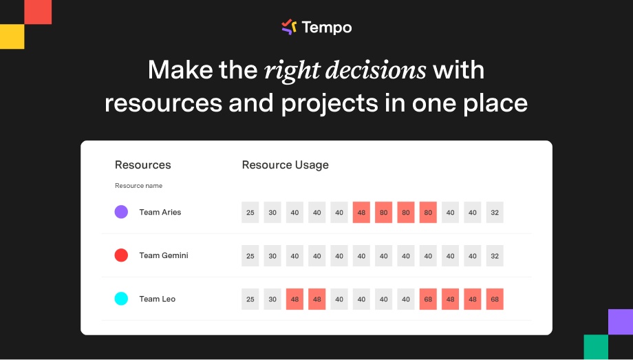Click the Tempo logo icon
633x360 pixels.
pyautogui.click(x=289, y=27)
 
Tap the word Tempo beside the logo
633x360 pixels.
pyautogui.click(x=327, y=28)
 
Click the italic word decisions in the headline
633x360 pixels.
pyautogui.click(x=376, y=70)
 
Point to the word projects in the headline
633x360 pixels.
pyautogui.click(x=330, y=104)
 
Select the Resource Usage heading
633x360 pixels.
pyautogui.click(x=285, y=165)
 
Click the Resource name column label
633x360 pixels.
pyautogui.click(x=138, y=185)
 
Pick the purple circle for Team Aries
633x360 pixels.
pyautogui.click(x=121, y=212)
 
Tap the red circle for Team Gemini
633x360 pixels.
pyautogui.click(x=121, y=255)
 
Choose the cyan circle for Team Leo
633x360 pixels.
pyautogui.click(x=121, y=299)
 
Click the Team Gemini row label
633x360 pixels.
pyautogui.click(x=164, y=255)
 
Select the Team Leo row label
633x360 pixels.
pyautogui.click(x=157, y=299)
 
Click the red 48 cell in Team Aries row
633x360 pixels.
pyautogui.click(x=361, y=213)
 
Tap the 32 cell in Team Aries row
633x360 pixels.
pyautogui.click(x=495, y=213)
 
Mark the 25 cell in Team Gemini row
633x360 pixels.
pyautogui.click(x=250, y=256)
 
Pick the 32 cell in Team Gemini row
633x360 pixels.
pyautogui.click(x=495, y=256)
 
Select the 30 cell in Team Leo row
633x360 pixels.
pyautogui.click(x=272, y=299)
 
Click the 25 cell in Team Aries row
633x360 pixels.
pyautogui.click(x=250, y=213)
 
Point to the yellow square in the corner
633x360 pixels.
pyautogui.click(x=12, y=36)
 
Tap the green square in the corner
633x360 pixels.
pyautogui.click(x=596, y=347)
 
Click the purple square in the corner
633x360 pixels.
pyautogui.click(x=621, y=322)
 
